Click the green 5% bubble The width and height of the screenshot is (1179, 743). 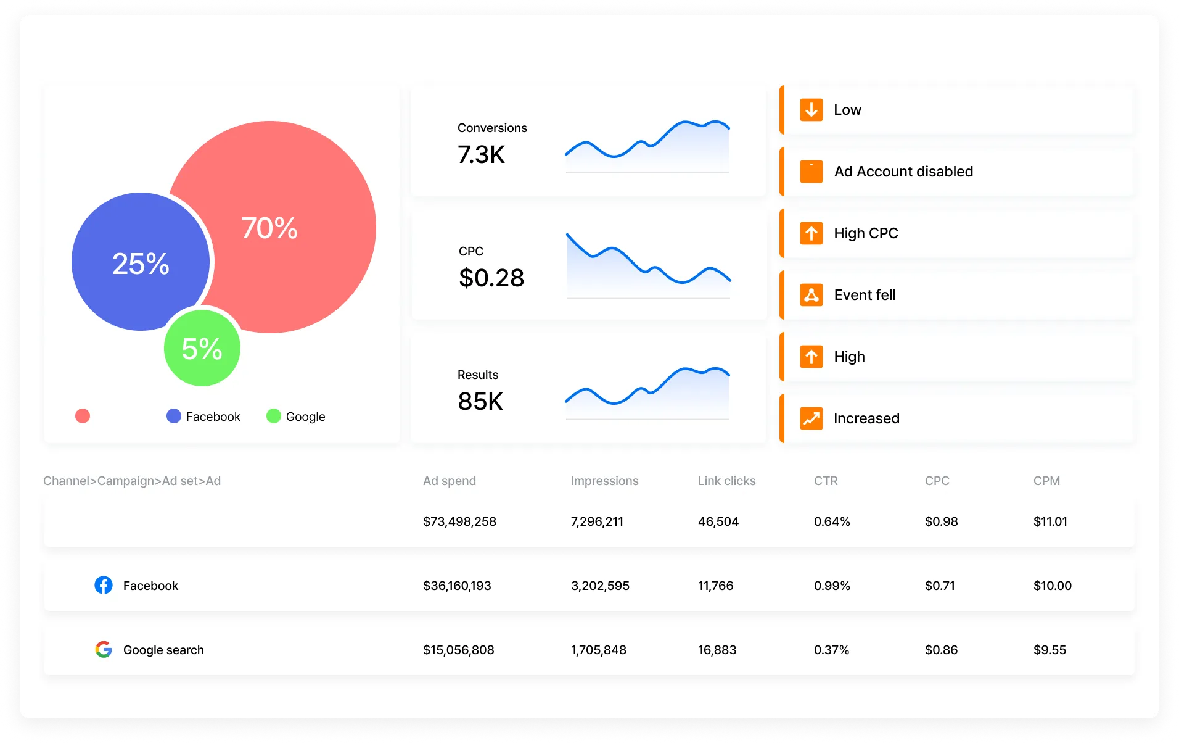pos(202,348)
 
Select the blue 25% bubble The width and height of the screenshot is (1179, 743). pos(141,263)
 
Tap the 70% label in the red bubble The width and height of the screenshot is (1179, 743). pos(269,228)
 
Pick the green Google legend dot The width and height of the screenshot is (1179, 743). pos(274,417)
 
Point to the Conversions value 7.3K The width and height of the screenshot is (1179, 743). pos(481,154)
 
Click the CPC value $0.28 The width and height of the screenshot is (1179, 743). pos(491,278)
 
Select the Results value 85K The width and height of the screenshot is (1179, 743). pos(480,401)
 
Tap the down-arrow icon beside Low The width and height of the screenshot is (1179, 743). pos(811,110)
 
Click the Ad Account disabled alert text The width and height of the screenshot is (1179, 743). pos(903,172)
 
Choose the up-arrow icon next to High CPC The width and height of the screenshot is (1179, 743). pos(811,233)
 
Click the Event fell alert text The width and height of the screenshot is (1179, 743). pos(865,295)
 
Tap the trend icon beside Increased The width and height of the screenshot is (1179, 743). pos(811,418)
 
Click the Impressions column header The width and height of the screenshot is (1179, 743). pos(604,481)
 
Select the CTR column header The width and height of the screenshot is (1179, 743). pos(826,481)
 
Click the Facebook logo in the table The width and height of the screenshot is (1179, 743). pos(104,585)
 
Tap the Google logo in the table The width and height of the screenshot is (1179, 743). pos(104,649)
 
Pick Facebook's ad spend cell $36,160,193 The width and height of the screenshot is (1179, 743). pos(457,586)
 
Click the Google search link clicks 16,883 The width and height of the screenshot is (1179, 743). pos(717,650)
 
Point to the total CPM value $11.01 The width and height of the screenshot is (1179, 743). pos(1050,521)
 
